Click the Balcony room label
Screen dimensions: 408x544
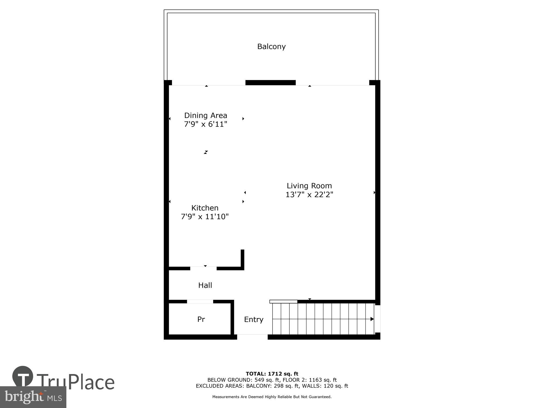[271, 47]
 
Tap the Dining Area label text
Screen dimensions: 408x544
[206, 115]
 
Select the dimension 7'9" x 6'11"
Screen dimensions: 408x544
[206, 124]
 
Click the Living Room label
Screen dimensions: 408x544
[309, 186]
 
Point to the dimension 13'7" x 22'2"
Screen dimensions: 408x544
[309, 194]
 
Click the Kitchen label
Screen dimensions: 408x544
[205, 208]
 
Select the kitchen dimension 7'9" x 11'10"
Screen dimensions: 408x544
[205, 217]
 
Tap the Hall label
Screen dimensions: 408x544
[205, 285]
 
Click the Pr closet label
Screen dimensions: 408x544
[201, 319]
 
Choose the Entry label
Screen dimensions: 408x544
[254, 319]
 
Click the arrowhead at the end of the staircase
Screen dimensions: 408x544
[372, 319]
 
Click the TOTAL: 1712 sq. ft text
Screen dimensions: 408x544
[272, 374]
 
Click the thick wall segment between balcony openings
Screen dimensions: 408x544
[270, 83]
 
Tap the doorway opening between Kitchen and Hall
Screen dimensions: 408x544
[203, 268]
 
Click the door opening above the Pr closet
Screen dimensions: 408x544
[200, 301]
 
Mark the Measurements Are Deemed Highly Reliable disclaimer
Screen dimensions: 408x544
[272, 397]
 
